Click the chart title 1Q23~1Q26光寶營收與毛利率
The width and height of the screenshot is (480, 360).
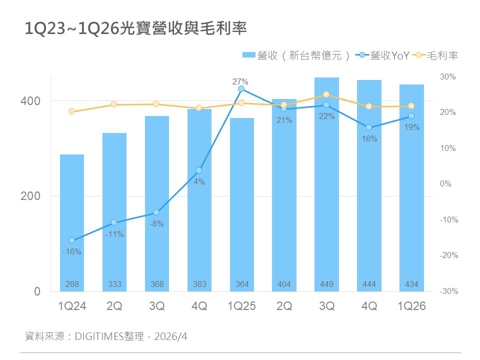[135, 29]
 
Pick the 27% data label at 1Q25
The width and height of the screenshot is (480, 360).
[241, 81]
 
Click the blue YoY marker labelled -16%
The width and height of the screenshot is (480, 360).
[72, 240]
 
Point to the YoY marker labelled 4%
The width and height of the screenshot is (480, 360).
[199, 170]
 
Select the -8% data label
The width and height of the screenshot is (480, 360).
[157, 224]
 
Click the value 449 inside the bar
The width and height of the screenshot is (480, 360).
[327, 284]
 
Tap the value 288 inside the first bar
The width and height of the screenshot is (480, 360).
[72, 284]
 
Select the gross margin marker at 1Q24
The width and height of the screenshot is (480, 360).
[72, 111]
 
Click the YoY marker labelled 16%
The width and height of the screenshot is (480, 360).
[369, 127]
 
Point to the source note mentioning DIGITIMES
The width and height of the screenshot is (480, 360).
[105, 336]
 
